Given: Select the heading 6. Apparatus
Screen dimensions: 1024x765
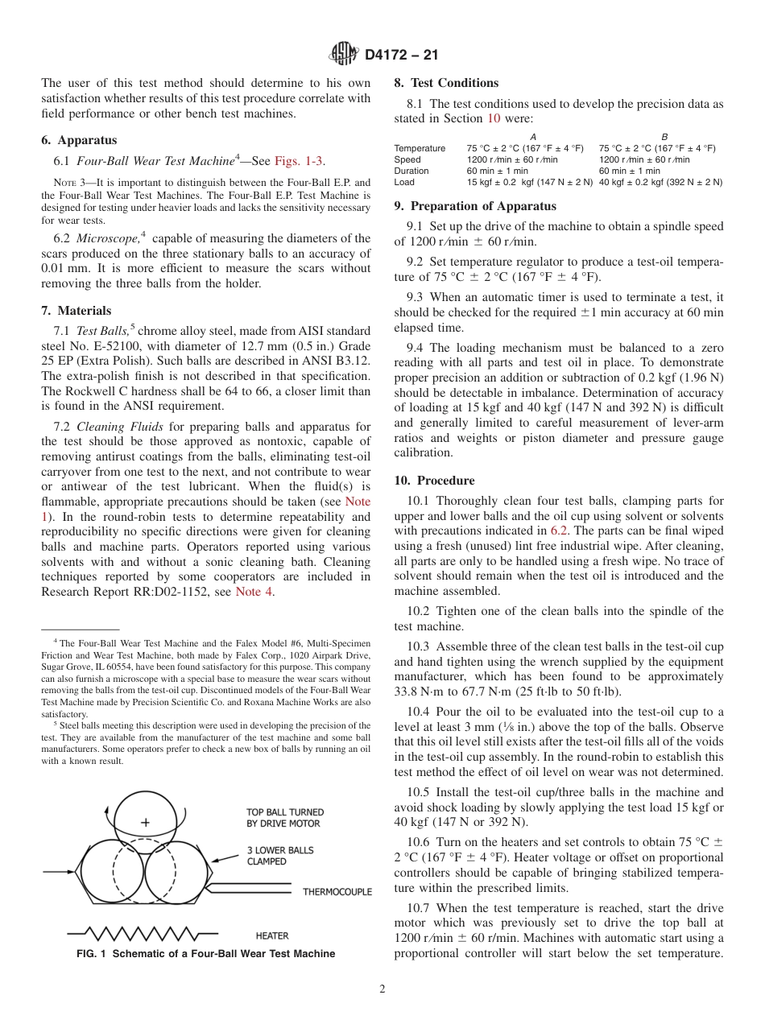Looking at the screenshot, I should coord(79,140).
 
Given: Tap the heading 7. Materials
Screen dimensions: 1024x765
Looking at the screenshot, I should coord(76,311).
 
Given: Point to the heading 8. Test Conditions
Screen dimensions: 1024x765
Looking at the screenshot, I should coord(446,83).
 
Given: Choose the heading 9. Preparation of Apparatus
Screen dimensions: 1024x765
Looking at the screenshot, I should coord(475,206).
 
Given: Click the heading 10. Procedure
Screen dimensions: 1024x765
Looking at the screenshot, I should coord(434,481).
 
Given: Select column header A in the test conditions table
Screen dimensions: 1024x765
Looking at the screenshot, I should coord(533,137).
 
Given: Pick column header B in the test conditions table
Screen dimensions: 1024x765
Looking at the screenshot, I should coord(664,137).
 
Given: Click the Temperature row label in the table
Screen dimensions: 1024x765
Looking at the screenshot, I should coord(420,148).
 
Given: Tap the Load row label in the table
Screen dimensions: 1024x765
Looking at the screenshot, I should coord(405,182).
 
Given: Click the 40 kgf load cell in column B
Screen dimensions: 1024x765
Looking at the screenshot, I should coord(660,182).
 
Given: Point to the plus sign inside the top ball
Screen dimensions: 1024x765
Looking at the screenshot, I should coord(145,823).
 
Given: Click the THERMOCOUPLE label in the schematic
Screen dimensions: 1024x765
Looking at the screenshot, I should coord(337,892).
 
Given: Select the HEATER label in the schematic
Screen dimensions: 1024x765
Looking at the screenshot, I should coord(272,936).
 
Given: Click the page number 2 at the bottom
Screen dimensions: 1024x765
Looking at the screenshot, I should coord(382,989).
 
